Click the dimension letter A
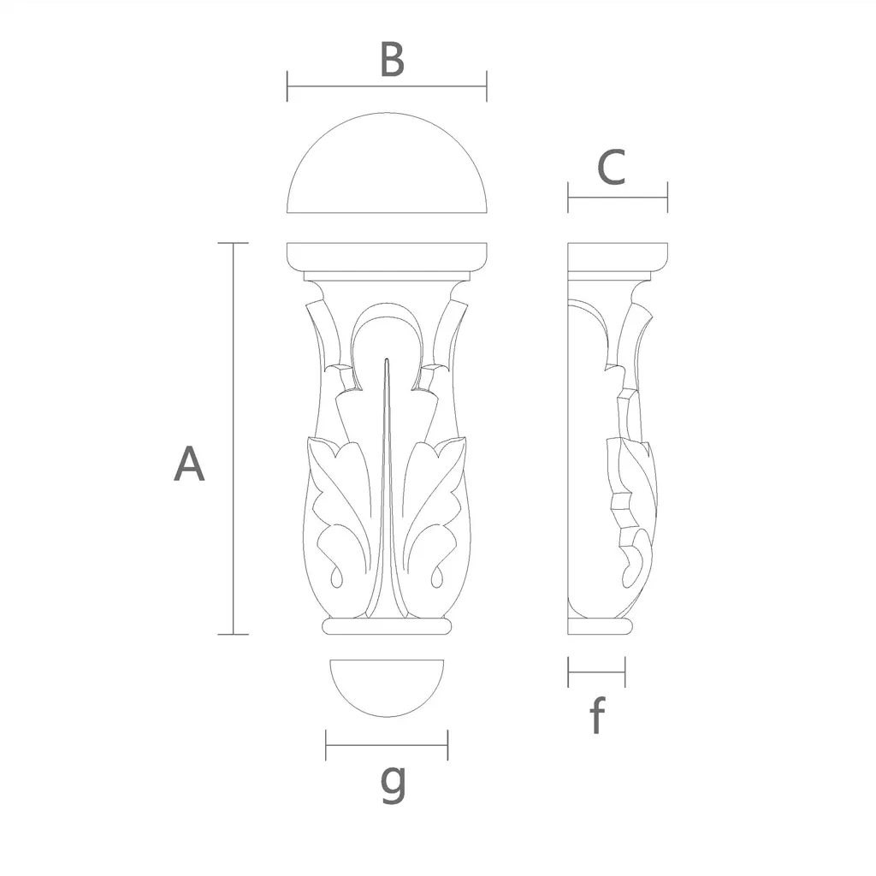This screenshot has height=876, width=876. click(189, 464)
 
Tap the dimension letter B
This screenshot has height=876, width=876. click(392, 59)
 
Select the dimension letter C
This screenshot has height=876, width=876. click(611, 167)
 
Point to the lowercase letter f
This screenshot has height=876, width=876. click(597, 714)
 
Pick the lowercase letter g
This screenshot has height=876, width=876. click(393, 782)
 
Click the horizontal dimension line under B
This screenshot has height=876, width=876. click(387, 86)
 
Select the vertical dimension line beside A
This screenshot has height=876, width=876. click(233, 439)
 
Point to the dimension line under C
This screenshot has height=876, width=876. click(618, 198)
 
